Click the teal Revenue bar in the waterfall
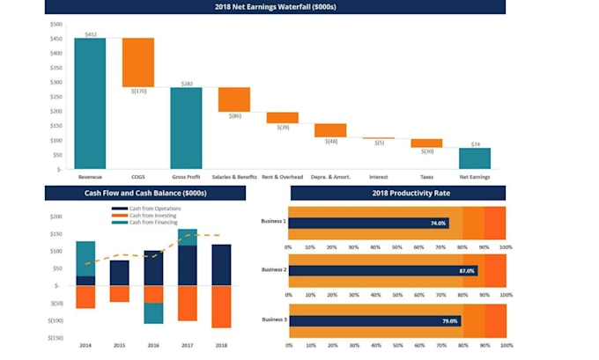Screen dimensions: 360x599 click(x=90, y=103)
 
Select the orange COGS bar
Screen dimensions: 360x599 click(x=138, y=62)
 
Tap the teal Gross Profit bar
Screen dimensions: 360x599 click(x=186, y=128)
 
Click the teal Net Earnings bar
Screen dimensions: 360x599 click(x=474, y=158)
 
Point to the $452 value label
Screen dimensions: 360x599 click(x=90, y=33)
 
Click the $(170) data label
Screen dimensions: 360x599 click(x=138, y=91)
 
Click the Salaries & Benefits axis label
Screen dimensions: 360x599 click(x=234, y=177)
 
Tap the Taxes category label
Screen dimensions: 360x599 click(x=426, y=177)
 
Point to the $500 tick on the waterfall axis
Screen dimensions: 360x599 click(x=55, y=24)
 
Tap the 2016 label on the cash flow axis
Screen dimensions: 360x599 click(x=153, y=346)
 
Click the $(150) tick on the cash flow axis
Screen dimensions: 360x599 click(x=55, y=337)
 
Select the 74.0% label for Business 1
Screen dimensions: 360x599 click(x=438, y=224)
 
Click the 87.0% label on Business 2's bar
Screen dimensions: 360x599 click(x=466, y=271)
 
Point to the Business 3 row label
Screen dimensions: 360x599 click(x=273, y=320)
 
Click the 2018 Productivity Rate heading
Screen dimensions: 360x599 click(x=397, y=193)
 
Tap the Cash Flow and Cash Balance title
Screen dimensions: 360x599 click(x=145, y=193)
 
